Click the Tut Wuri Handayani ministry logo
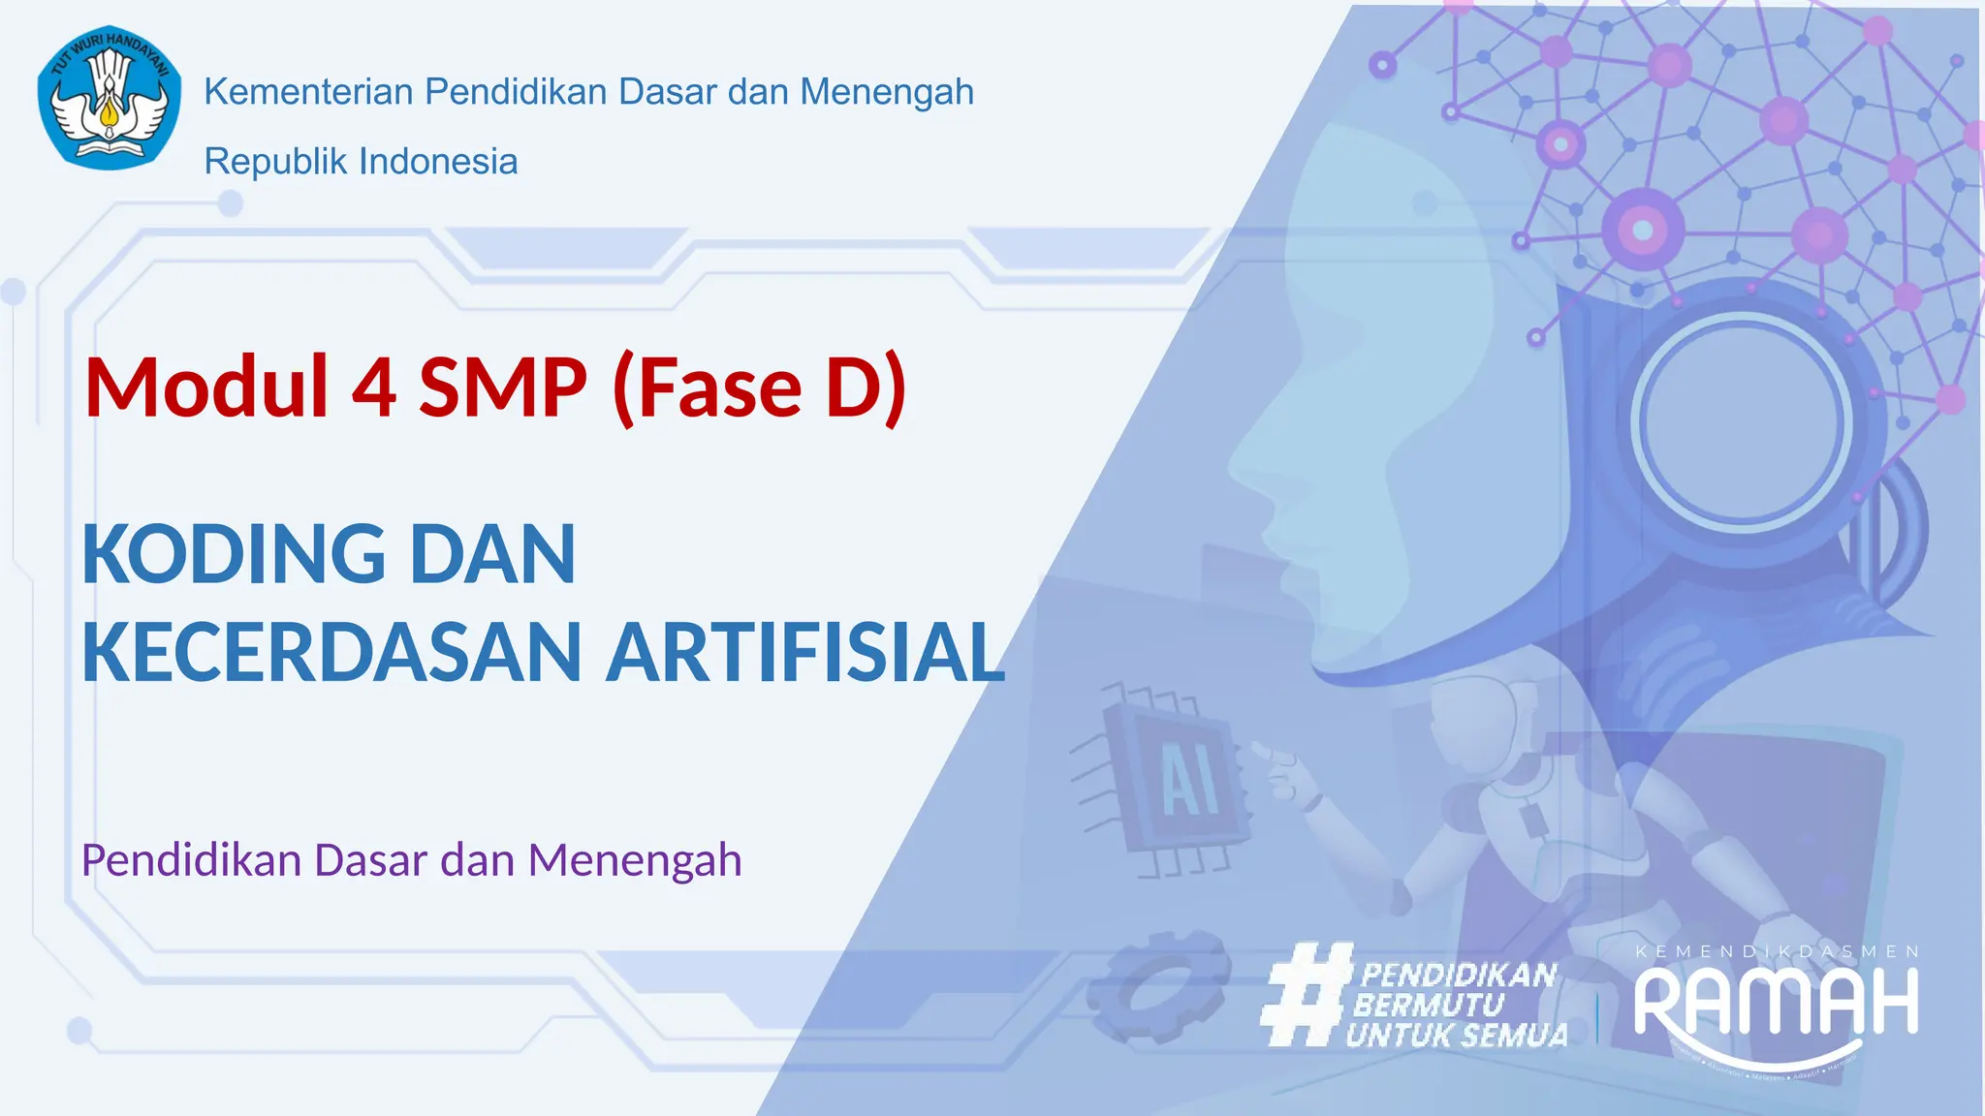[x=109, y=98]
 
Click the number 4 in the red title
[x=373, y=387]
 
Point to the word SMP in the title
[x=502, y=387]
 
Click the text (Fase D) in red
[x=759, y=387]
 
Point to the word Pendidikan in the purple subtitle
[x=191, y=860]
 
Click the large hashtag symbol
[x=1307, y=995]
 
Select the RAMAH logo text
[x=1776, y=1003]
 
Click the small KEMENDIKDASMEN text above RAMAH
[x=1777, y=952]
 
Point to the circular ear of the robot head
[x=1741, y=422]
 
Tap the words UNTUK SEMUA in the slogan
[x=1457, y=1036]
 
